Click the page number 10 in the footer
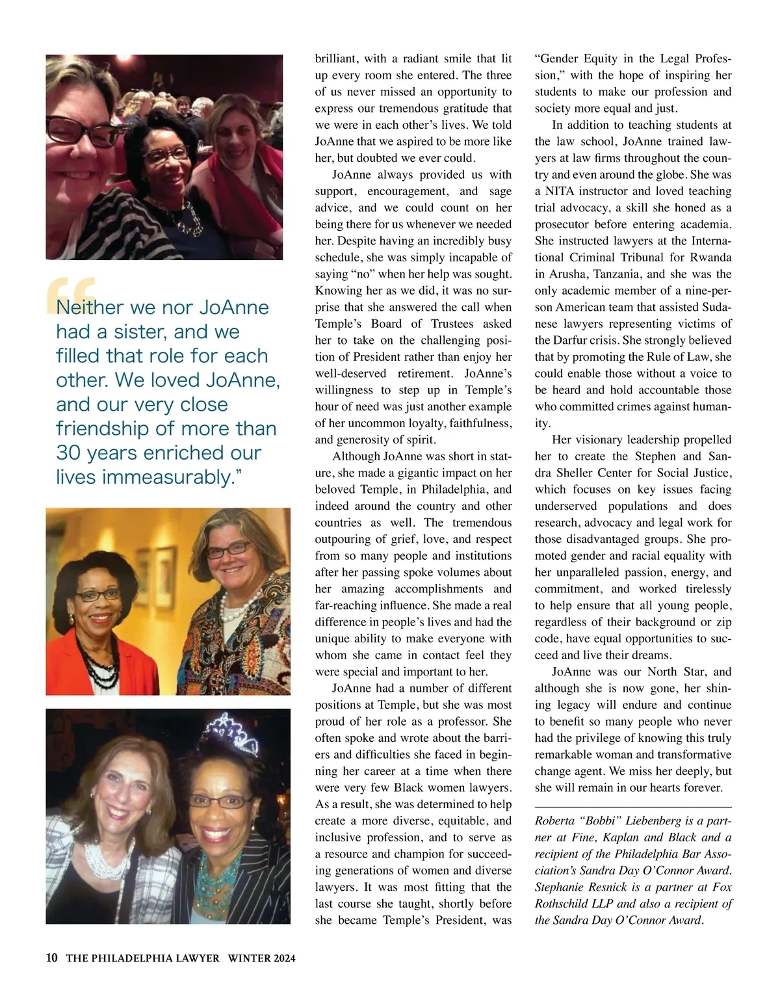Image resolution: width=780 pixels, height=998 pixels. (52, 958)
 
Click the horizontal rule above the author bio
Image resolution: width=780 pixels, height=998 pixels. (633, 806)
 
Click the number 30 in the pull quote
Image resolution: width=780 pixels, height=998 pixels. (68, 453)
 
